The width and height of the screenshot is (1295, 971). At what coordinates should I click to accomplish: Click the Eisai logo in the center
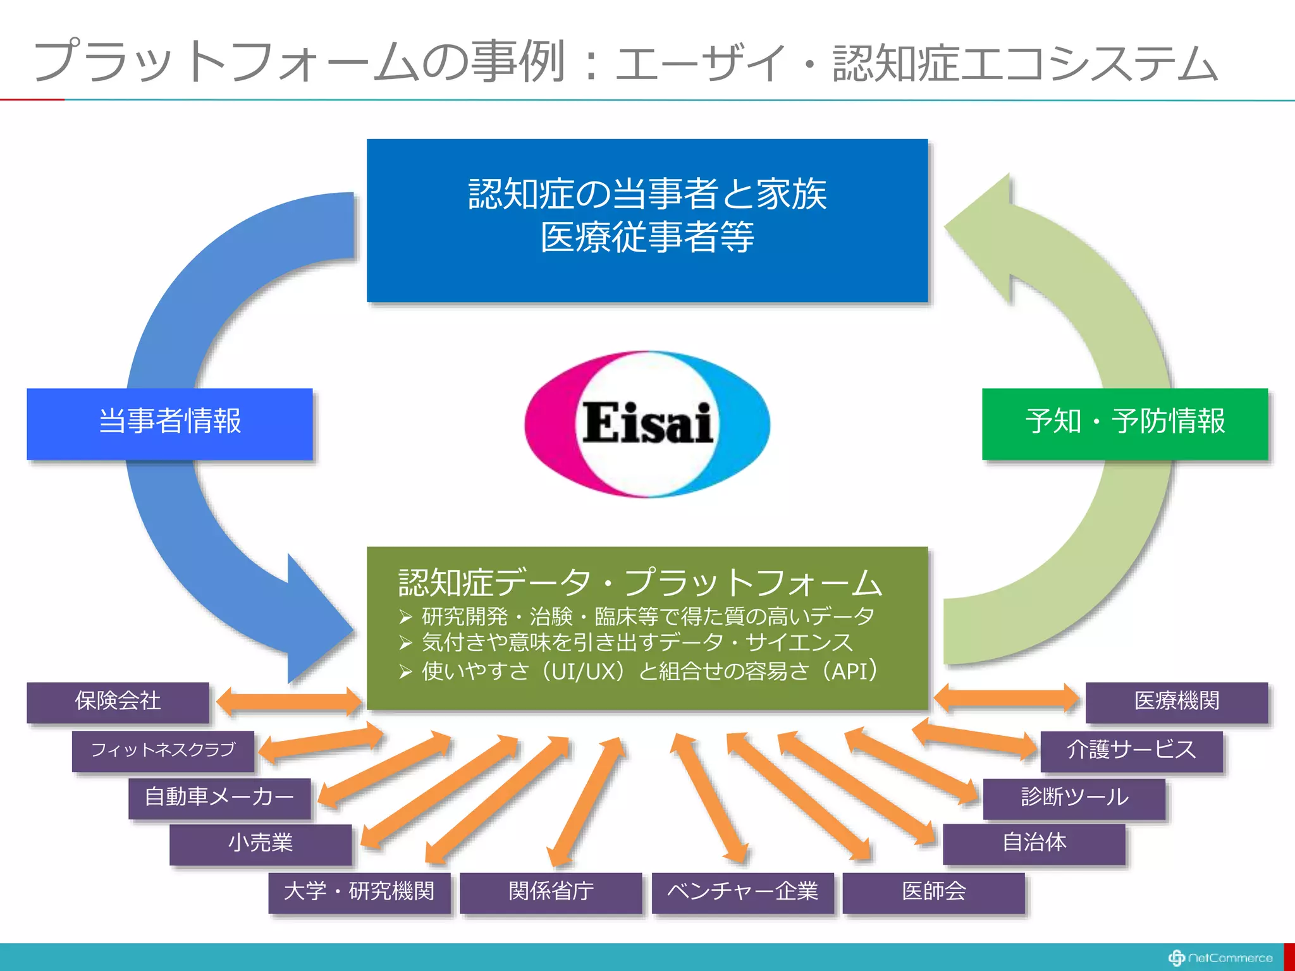coord(647,424)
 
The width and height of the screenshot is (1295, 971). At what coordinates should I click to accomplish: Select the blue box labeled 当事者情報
coord(169,423)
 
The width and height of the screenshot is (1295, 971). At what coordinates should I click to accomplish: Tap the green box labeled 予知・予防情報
coord(1124,423)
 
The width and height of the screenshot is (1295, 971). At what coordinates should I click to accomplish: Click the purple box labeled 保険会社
coord(118,702)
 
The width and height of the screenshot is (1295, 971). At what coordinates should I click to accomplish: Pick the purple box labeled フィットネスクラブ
coord(163,750)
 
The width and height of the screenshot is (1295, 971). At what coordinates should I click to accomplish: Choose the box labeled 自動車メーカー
coord(219,798)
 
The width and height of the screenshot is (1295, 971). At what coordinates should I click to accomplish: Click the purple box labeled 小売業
coord(260,844)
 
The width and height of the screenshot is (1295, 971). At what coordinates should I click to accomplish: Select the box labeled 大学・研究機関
coord(359,892)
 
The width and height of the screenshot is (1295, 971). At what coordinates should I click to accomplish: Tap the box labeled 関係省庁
coord(550,892)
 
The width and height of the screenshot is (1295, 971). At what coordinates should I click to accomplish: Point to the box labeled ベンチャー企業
coord(742,892)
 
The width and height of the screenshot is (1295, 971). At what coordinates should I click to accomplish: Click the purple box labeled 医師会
coord(933,892)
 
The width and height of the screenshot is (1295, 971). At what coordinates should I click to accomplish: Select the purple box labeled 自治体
coord(1034,843)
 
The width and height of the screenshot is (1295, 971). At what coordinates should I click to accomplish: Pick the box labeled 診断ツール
coord(1074,798)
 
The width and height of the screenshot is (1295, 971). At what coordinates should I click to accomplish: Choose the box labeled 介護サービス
coord(1131,750)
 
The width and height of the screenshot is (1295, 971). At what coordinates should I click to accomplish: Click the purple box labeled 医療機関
coord(1176,702)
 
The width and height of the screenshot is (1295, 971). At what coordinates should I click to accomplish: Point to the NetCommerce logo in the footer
coord(1220,958)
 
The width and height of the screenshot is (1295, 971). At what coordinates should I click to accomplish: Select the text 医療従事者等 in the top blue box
coord(647,238)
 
